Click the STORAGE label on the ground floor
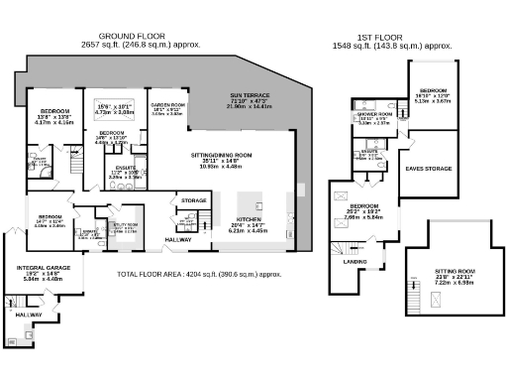coord(194,201)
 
